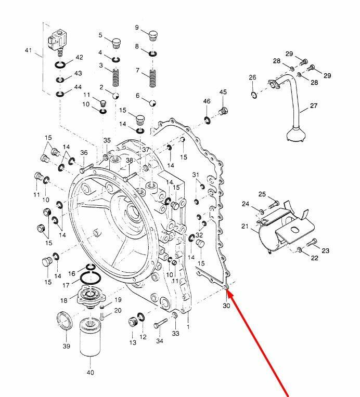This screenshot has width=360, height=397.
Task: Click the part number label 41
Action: pos(28,50)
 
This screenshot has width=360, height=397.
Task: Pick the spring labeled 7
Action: pos(153,78)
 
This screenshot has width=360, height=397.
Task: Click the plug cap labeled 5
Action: pos(115,41)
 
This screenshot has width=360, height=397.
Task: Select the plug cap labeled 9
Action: pos(152,35)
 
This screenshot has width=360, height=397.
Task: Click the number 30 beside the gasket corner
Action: pos(226,306)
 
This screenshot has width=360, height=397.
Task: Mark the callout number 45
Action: pos(223,92)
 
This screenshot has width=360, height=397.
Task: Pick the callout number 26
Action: pos(252,77)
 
